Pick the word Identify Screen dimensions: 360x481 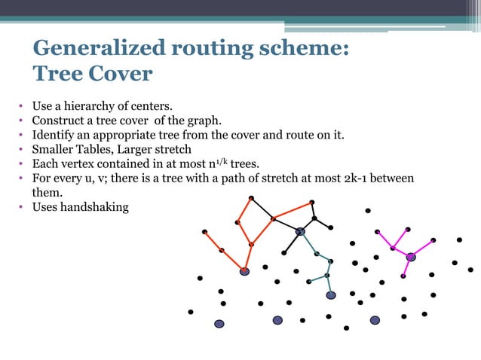click(x=52, y=136)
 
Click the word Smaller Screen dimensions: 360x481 click(x=54, y=150)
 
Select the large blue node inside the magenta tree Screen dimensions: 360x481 click(x=411, y=257)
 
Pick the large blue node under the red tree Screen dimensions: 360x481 click(x=244, y=271)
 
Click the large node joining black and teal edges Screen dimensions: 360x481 click(x=299, y=231)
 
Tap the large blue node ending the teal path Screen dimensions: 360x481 click(x=330, y=295)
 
